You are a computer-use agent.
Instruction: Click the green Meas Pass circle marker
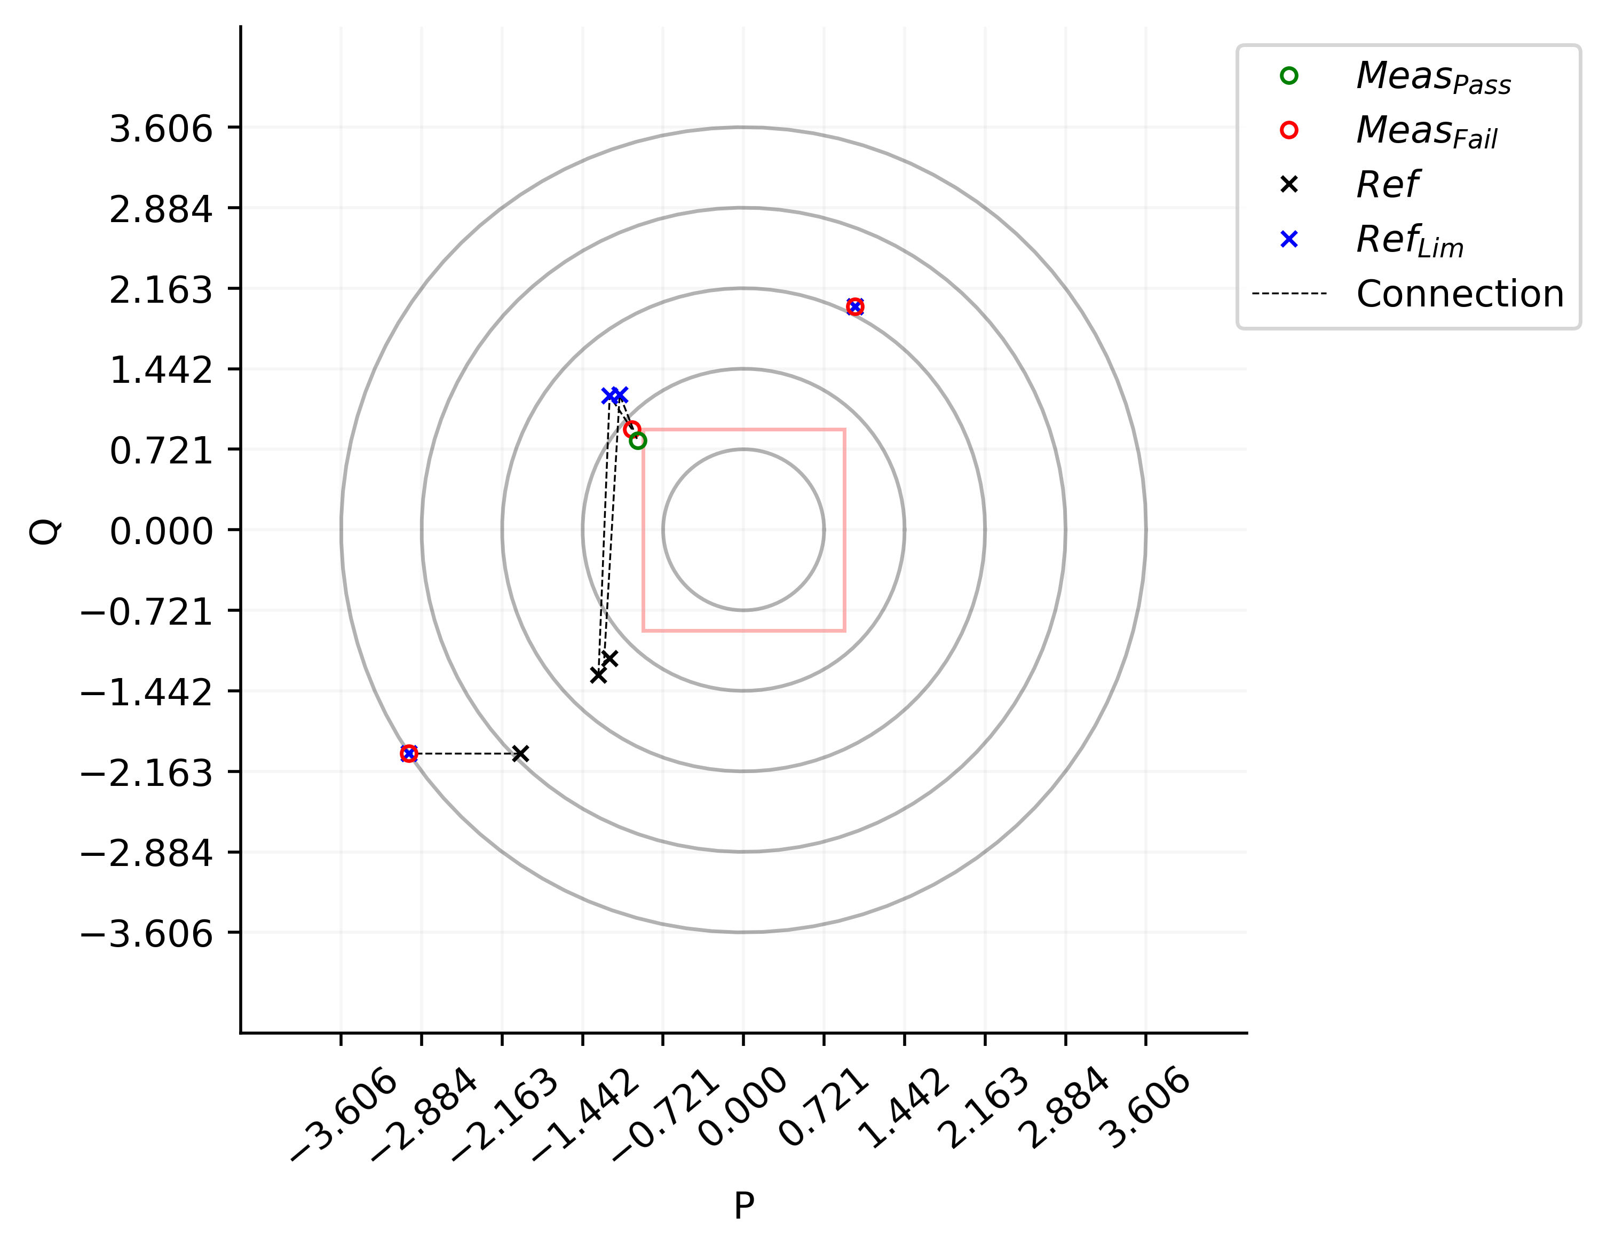[638, 441]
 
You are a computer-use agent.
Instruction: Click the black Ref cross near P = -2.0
[520, 754]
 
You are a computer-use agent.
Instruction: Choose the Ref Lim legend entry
[1409, 239]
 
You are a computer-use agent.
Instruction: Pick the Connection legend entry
[1459, 294]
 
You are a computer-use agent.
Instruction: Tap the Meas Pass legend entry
[1432, 76]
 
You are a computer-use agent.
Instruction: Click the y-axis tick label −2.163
[146, 774]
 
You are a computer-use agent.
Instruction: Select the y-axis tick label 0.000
[161, 531]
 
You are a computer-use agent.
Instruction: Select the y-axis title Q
[44, 531]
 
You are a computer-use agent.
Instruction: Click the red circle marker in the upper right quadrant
[855, 306]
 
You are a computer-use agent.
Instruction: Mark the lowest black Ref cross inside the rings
[598, 675]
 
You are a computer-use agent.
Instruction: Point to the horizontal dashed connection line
[464, 754]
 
